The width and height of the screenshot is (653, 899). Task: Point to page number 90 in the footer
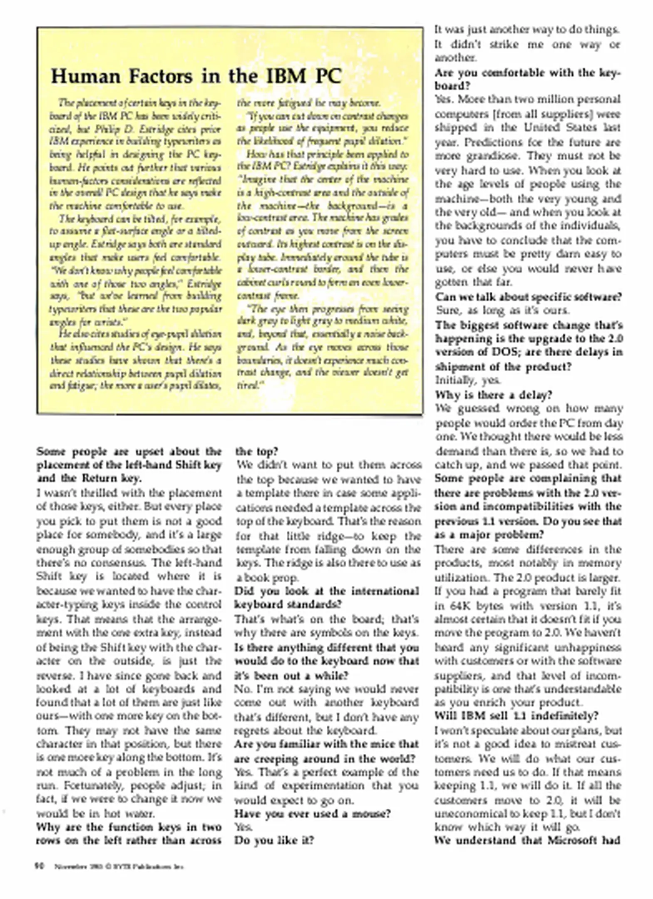[40, 866]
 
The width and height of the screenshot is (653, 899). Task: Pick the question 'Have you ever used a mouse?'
[313, 813]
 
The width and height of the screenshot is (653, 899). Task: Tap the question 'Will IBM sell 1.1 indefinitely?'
[516, 715]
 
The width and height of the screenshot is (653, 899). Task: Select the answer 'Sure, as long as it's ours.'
[502, 310]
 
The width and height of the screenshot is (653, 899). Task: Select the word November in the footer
[67, 867]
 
